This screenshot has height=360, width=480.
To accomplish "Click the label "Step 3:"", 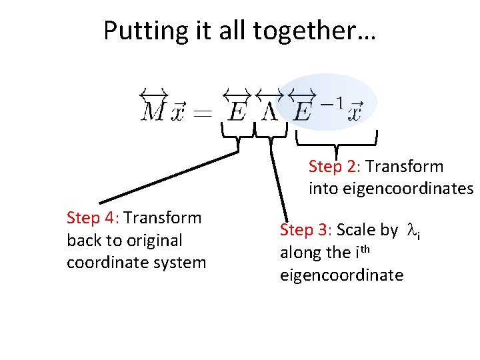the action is pos(306,231).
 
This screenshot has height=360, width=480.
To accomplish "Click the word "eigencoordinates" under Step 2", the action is pos(391,189).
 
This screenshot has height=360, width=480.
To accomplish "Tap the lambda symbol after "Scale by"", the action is pos(412,231).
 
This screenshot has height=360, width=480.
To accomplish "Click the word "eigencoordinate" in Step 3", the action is pos(341,275).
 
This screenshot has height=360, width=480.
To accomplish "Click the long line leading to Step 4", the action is pos(167,177).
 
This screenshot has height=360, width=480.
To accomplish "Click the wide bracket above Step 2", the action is pos(337,142).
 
